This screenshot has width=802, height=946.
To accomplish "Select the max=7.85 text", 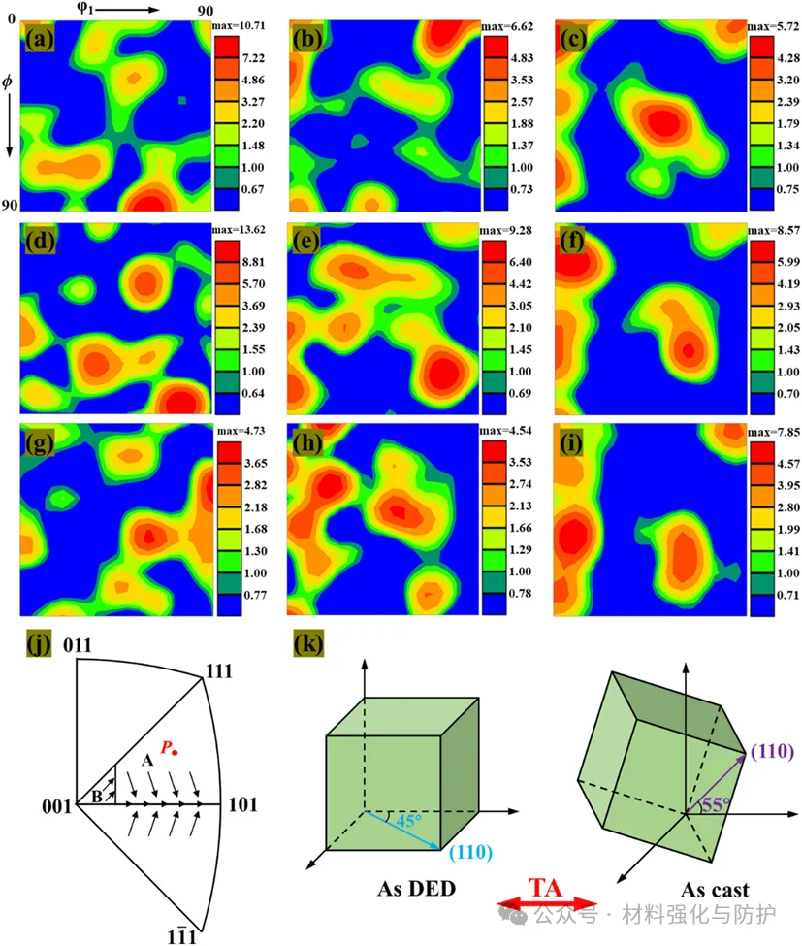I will pyautogui.click(x=772, y=430).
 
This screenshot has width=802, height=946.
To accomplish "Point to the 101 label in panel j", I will pyautogui.click(x=242, y=805).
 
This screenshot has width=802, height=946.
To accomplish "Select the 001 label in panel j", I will pyautogui.click(x=56, y=805).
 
